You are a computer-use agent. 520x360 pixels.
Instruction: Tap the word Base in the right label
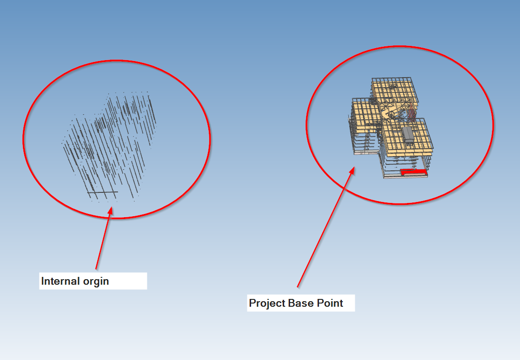coord(302,303)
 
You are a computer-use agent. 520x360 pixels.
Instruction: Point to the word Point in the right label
coord(330,303)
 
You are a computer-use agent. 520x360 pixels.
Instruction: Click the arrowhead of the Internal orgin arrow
coord(110,210)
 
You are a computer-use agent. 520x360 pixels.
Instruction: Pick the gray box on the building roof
coord(407,134)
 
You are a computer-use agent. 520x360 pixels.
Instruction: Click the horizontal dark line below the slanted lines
coord(103,192)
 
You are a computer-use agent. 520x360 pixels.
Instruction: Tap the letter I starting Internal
coord(43,281)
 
